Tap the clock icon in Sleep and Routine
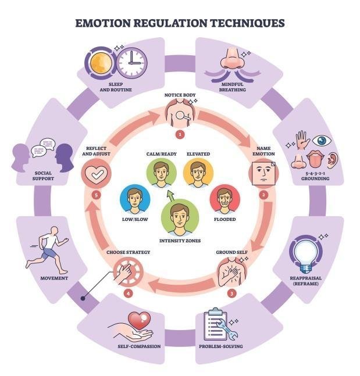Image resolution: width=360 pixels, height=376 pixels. pos(132,63)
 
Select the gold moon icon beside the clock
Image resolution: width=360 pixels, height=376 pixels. pos(101,63)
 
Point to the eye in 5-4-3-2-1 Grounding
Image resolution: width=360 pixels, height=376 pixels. pos(322,140)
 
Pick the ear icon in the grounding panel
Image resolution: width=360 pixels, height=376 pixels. pos(333,160)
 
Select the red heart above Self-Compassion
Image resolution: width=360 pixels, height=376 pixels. pos(139,320)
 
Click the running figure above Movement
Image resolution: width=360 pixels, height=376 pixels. pos(48,250)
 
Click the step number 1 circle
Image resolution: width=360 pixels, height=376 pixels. pos(180,134)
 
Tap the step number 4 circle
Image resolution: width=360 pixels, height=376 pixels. pos(128,293)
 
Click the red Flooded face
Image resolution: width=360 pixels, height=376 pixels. pos(225,200)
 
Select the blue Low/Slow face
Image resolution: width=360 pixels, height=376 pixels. pos(135,199)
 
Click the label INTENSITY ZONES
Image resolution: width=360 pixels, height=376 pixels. pos(180,241)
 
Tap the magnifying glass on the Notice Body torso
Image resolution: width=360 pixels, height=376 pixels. pos(183,116)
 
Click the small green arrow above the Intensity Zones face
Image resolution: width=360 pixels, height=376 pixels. pos(171,195)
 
